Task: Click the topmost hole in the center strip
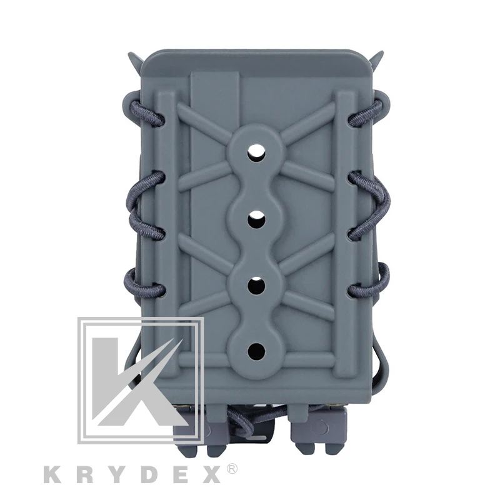256,152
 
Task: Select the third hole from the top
256,285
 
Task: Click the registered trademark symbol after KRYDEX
232,470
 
